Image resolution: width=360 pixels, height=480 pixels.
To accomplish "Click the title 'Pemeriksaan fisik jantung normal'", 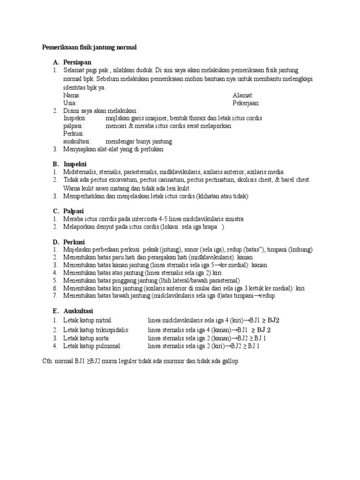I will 89,48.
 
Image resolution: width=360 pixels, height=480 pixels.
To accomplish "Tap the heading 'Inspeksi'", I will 76,164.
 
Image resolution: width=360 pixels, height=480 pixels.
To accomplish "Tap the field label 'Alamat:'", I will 243,95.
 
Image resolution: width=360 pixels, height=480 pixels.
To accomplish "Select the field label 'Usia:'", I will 70,103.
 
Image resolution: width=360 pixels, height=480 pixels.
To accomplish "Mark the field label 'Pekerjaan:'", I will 246,103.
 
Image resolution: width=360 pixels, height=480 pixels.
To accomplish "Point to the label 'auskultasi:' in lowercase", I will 77,141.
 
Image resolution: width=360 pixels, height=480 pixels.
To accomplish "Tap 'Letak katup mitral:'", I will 88,320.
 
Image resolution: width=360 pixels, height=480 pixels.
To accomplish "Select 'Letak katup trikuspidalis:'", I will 97,330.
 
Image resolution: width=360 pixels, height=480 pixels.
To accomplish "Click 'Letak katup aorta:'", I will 87,338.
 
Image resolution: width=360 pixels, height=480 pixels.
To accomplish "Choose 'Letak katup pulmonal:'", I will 92,346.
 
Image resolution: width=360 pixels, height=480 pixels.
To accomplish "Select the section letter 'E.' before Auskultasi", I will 55,311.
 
